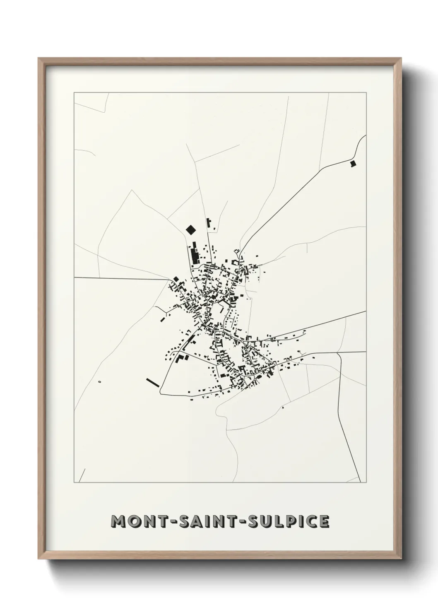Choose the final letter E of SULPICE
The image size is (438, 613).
click(x=324, y=521)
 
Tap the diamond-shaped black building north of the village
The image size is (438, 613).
click(x=191, y=229)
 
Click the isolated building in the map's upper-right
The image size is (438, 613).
click(x=353, y=164)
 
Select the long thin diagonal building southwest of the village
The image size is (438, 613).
click(x=153, y=382)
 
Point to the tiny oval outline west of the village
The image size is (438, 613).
click(x=100, y=381)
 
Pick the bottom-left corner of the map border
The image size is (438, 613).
click(x=74, y=483)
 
